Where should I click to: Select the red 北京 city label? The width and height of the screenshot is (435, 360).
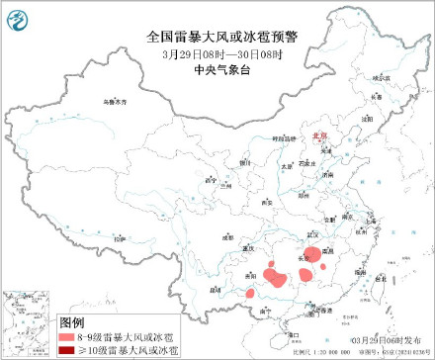[318, 137]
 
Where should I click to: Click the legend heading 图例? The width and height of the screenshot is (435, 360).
[72, 323]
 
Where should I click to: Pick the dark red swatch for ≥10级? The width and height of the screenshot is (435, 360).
[71, 350]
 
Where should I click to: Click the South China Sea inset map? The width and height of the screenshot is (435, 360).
[29, 321]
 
